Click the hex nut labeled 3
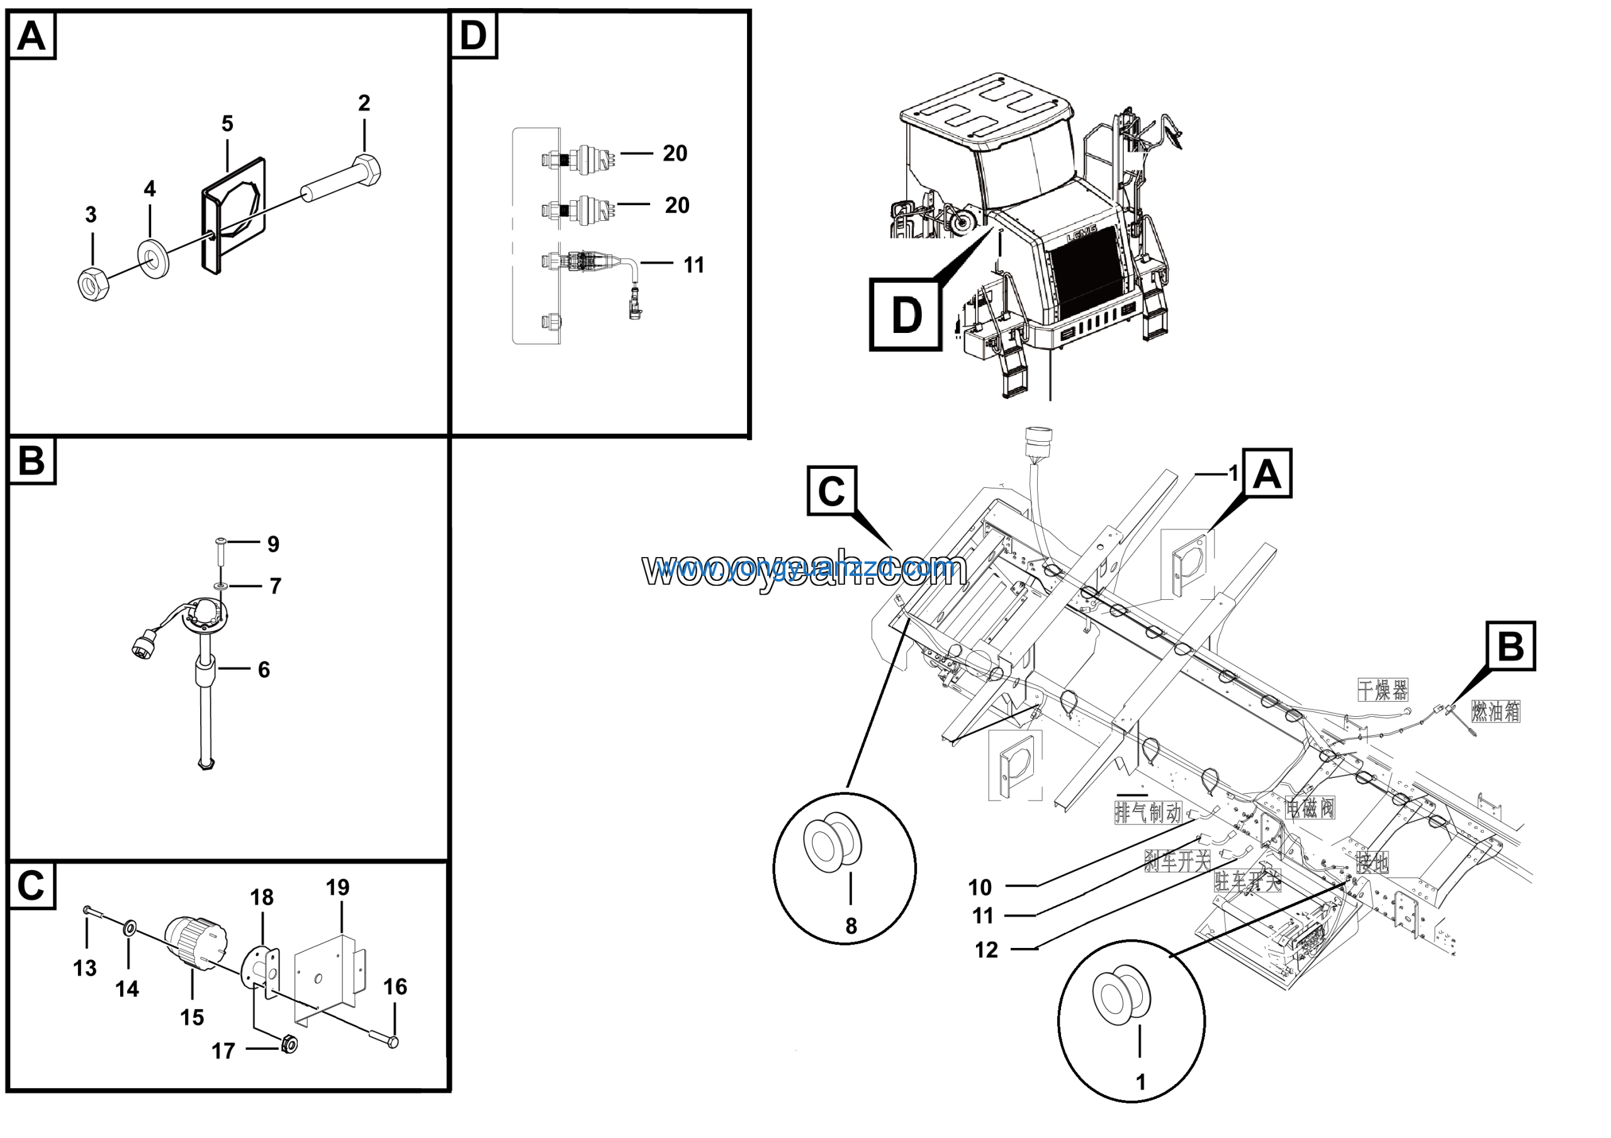pyautogui.click(x=92, y=284)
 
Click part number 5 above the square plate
pyautogui.click(x=227, y=124)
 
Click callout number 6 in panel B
pyautogui.click(x=264, y=670)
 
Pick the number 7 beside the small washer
pyautogui.click(x=275, y=587)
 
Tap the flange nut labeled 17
pyautogui.click(x=289, y=1044)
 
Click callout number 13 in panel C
pyautogui.click(x=85, y=969)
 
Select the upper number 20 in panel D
pyautogui.click(x=675, y=154)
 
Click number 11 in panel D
pyautogui.click(x=693, y=265)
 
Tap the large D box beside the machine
pyautogui.click(x=906, y=314)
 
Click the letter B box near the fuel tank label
pyautogui.click(x=1511, y=645)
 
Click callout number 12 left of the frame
pyautogui.click(x=986, y=950)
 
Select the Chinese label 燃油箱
pyautogui.click(x=1495, y=712)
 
